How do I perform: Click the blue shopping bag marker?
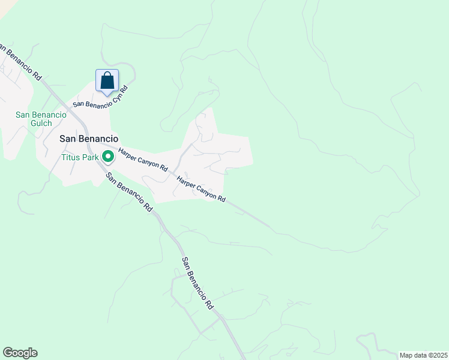pyautogui.click(x=107, y=80)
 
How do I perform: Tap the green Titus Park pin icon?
pyautogui.click(x=108, y=157)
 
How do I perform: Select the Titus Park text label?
pyautogui.click(x=80, y=158)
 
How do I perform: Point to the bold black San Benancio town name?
pyautogui.click(x=88, y=138)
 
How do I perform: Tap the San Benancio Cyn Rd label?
pyautogui.click(x=101, y=96)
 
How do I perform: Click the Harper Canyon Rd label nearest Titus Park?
pyautogui.click(x=142, y=160)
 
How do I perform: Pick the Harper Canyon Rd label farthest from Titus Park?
pyautogui.click(x=200, y=190)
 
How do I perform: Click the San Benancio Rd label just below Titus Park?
pyautogui.click(x=128, y=192)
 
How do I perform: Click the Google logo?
pyautogui.click(x=20, y=353)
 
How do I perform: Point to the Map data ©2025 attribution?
pyautogui.click(x=423, y=355)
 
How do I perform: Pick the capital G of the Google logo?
pyautogui.click(x=7, y=353)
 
